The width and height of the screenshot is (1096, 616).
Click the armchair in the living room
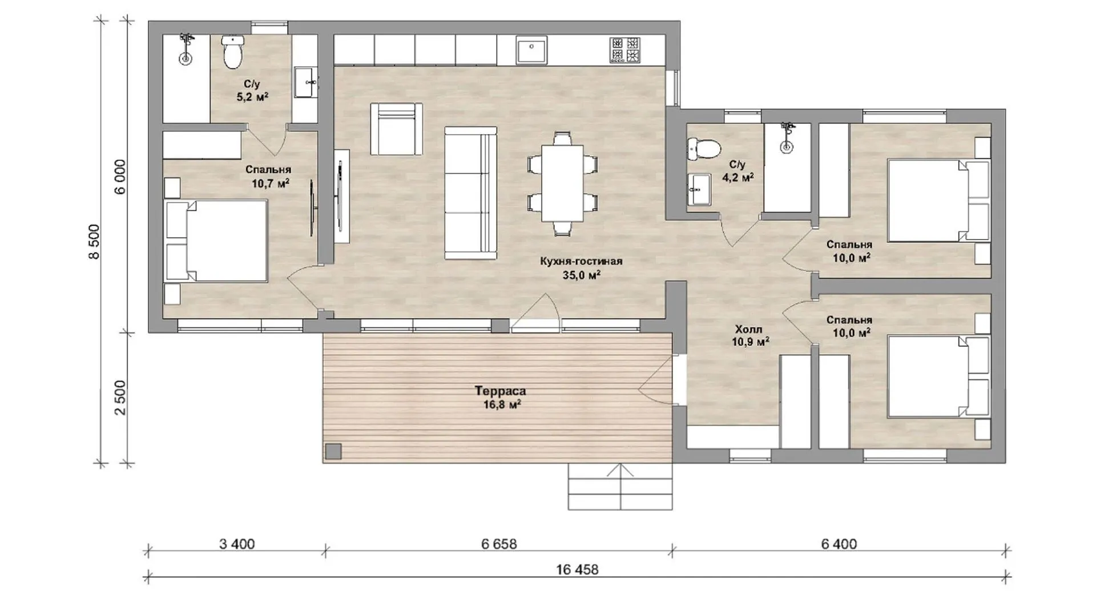click(397, 129)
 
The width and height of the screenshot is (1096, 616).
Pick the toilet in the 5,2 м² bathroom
click(233, 51)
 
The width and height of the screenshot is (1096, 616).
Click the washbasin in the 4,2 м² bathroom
click(698, 188)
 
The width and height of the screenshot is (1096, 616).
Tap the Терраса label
click(500, 391)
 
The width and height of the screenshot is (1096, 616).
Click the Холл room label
click(748, 329)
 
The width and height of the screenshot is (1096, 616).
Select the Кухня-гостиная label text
click(581, 261)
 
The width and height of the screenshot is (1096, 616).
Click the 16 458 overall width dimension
click(578, 569)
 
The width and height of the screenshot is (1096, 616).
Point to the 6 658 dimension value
click(498, 544)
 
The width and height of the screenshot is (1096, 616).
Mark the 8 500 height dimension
click(94, 241)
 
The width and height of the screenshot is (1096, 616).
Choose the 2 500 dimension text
click(120, 398)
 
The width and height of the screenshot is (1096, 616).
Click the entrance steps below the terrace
click(620, 487)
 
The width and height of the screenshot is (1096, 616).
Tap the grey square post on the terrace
click(333, 452)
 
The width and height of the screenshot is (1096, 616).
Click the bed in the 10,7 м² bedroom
click(216, 240)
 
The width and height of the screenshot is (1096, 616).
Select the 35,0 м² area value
click(581, 275)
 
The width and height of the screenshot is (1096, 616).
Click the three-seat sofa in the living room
click(471, 193)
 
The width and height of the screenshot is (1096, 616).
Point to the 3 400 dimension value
click(237, 544)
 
